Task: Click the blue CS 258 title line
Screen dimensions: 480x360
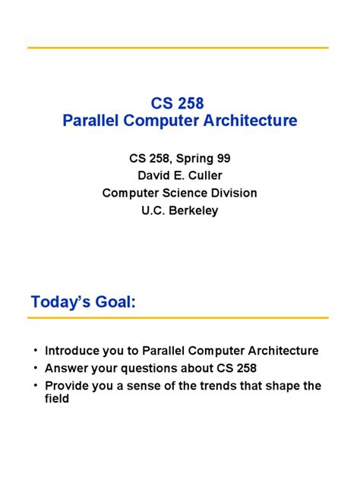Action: pyautogui.click(x=179, y=103)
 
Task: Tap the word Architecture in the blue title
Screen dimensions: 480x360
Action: pyautogui.click(x=253, y=121)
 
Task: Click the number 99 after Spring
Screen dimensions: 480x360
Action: pyautogui.click(x=224, y=159)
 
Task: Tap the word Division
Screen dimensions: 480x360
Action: pyautogui.click(x=234, y=193)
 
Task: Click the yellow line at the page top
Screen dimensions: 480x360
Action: pyautogui.click(x=179, y=47)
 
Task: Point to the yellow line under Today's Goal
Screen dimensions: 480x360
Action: pyautogui.click(x=179, y=317)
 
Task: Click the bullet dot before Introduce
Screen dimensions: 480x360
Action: pyautogui.click(x=35, y=351)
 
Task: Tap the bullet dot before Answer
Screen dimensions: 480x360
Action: pyautogui.click(x=35, y=368)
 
